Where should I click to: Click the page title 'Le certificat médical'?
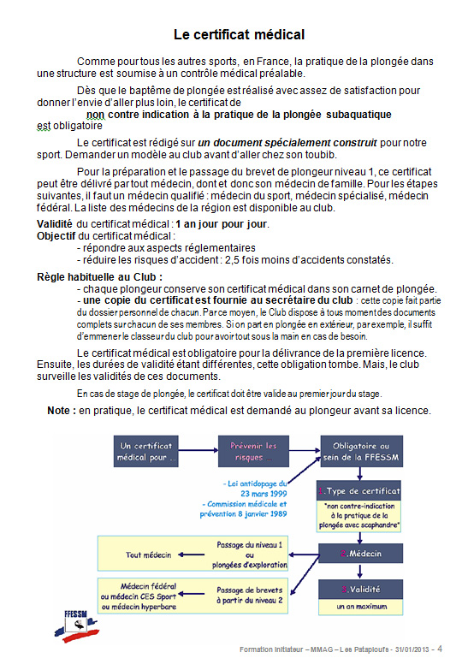pyautogui.click(x=239, y=35)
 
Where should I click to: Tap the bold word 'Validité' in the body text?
pyautogui.click(x=55, y=224)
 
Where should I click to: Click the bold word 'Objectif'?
pyautogui.click(x=56, y=235)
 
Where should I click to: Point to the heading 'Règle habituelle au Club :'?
pyautogui.click(x=99, y=277)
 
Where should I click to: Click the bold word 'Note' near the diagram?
pyautogui.click(x=61, y=411)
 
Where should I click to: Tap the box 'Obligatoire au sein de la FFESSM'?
pyautogui.click(x=360, y=452)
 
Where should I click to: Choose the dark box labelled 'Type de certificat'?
pyautogui.click(x=360, y=492)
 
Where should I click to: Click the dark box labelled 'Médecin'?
pyautogui.click(x=360, y=553)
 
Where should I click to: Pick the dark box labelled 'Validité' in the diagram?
pyautogui.click(x=360, y=590)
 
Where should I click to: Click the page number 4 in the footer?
pyautogui.click(x=440, y=649)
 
